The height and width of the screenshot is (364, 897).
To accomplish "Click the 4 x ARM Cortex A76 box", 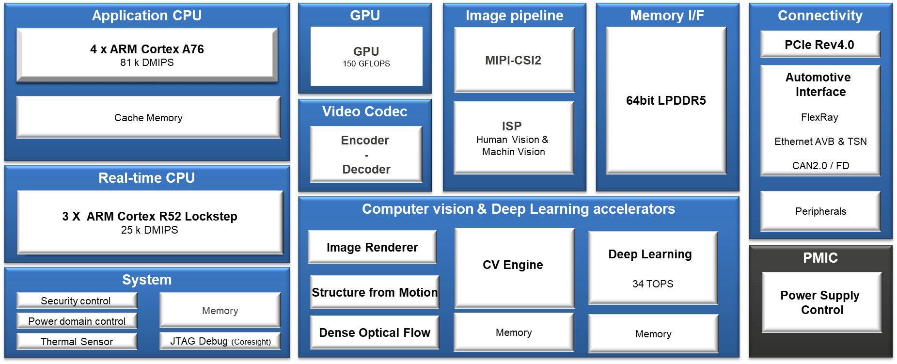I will pyautogui.click(x=147, y=54).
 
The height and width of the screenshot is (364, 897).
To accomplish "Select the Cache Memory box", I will pyautogui.click(x=148, y=118).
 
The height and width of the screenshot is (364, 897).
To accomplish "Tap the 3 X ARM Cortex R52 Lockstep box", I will pyautogui.click(x=150, y=222).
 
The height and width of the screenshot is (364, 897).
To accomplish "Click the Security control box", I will pyautogui.click(x=76, y=301).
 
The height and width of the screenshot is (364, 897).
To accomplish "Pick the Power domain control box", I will pyautogui.click(x=77, y=321).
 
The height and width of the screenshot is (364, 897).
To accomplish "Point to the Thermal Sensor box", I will pyautogui.click(x=77, y=342).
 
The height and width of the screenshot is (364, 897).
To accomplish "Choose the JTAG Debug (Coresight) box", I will pyautogui.click(x=220, y=341).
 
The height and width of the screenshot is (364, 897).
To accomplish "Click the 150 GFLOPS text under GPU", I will pyautogui.click(x=366, y=64).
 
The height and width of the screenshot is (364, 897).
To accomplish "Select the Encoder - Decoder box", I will pyautogui.click(x=366, y=155).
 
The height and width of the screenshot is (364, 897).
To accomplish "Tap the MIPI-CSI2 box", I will pyautogui.click(x=514, y=60).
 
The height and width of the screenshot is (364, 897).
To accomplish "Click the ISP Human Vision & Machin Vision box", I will pyautogui.click(x=513, y=138).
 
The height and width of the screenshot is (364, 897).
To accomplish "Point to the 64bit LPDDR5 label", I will pyautogui.click(x=666, y=101).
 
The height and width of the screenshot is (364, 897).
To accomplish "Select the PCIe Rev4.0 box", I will pyautogui.click(x=819, y=45).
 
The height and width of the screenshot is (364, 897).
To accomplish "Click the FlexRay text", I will pyautogui.click(x=819, y=117).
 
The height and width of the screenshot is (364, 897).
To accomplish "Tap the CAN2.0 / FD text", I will pyautogui.click(x=820, y=166).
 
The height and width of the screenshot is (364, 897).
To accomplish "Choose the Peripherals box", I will pyautogui.click(x=820, y=211).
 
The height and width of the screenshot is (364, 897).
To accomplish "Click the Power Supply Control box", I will pyautogui.click(x=821, y=302).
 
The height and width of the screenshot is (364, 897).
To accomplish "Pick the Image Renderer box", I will pyautogui.click(x=372, y=248).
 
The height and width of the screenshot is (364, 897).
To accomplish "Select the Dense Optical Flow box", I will pyautogui.click(x=375, y=333).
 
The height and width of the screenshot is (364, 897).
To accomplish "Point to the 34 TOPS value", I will pyautogui.click(x=653, y=284).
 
